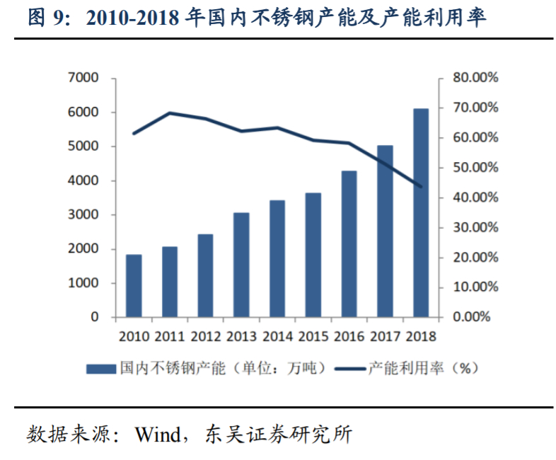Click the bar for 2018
click(421, 212)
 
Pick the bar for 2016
click(349, 243)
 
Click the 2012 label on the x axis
click(206, 336)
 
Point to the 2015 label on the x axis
click(313, 336)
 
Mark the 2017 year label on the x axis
click(385, 336)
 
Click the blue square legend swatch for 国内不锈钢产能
click(99, 368)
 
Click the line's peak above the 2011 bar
click(170, 113)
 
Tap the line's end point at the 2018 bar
click(421, 187)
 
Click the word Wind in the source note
click(158, 433)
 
